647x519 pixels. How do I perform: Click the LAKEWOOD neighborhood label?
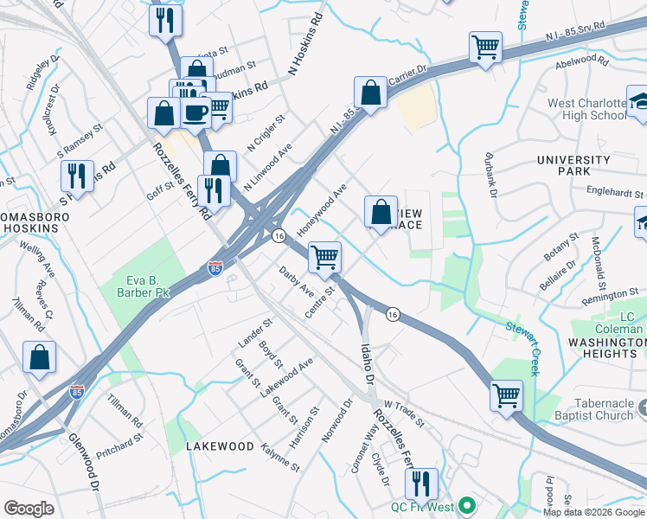coord(220,446)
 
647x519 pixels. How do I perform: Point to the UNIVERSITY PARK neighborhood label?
coord(573,166)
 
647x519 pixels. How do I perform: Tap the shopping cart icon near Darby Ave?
coord(324,256)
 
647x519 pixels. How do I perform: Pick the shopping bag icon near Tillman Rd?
coord(40,357)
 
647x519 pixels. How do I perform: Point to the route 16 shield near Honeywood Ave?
coord(279,235)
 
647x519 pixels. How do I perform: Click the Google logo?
coord(29,509)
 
